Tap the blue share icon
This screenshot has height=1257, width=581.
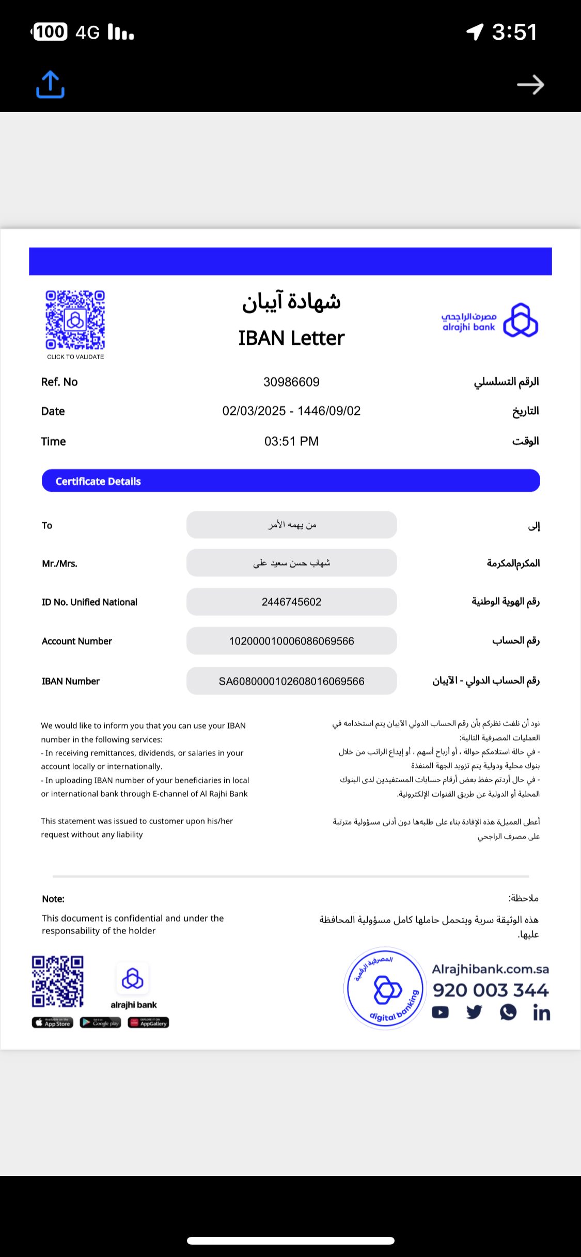point(50,85)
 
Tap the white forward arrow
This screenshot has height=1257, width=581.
point(531,85)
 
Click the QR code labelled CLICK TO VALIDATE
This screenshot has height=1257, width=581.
point(75,320)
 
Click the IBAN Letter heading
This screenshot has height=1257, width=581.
point(291,338)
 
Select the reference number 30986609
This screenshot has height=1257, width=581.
point(291,382)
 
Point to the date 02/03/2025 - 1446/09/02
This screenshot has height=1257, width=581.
point(291,411)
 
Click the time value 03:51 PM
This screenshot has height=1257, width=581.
point(291,441)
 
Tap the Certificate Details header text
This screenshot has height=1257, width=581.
point(98,481)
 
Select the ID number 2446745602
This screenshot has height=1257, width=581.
point(291,602)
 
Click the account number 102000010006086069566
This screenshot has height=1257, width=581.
point(291,641)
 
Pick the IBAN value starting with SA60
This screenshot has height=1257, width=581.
point(291,681)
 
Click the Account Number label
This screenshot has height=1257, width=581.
point(77,641)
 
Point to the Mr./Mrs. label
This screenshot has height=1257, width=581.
point(59,563)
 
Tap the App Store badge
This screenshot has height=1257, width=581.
point(53,1022)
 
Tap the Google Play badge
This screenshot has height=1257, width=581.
point(100,1022)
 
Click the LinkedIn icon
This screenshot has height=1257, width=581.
point(541,1013)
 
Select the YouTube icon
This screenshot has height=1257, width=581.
point(440,1012)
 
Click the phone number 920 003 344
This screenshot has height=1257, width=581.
point(491,990)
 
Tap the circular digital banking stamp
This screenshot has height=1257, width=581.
point(385,988)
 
